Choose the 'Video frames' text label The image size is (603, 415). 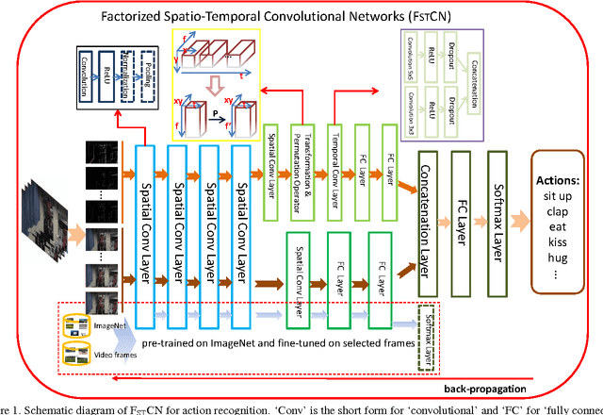coord(110,355)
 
